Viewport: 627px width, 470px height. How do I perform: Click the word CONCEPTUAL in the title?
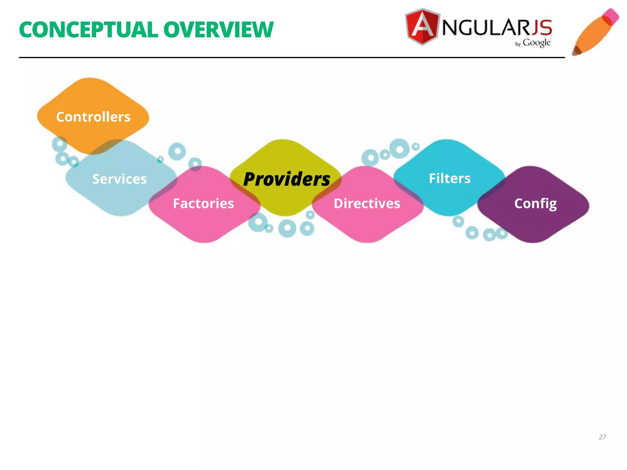pyautogui.click(x=88, y=30)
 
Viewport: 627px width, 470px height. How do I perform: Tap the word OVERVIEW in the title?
pyautogui.click(x=218, y=30)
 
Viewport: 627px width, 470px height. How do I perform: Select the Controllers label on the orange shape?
pyautogui.click(x=93, y=117)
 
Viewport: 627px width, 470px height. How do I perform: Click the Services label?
pyautogui.click(x=119, y=179)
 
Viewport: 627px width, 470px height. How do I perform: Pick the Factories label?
pyautogui.click(x=203, y=203)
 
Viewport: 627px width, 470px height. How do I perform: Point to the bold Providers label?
pyautogui.click(x=287, y=179)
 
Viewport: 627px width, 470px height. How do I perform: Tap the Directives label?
pyautogui.click(x=367, y=203)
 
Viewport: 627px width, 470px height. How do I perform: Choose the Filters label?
pyautogui.click(x=449, y=178)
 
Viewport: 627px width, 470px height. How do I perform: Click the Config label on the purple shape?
pyautogui.click(x=535, y=204)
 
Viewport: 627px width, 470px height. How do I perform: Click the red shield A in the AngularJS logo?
pyautogui.click(x=422, y=27)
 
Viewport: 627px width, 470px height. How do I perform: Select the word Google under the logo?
pyautogui.click(x=537, y=43)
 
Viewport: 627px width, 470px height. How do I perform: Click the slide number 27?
pyautogui.click(x=602, y=437)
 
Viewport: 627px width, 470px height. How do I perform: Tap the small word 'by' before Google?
pyautogui.click(x=518, y=44)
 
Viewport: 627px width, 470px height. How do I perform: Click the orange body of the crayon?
pyautogui.click(x=592, y=35)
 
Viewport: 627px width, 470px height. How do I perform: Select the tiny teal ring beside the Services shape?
pyautogui.click(x=160, y=159)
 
